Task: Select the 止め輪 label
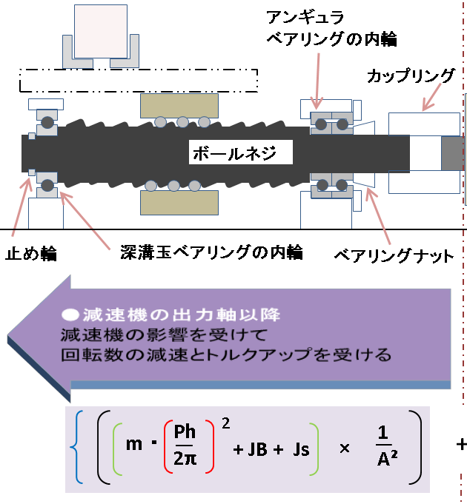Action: point(30,254)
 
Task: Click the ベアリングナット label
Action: point(393,257)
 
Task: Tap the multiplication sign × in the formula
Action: point(343,448)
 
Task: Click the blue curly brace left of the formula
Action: point(75,448)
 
